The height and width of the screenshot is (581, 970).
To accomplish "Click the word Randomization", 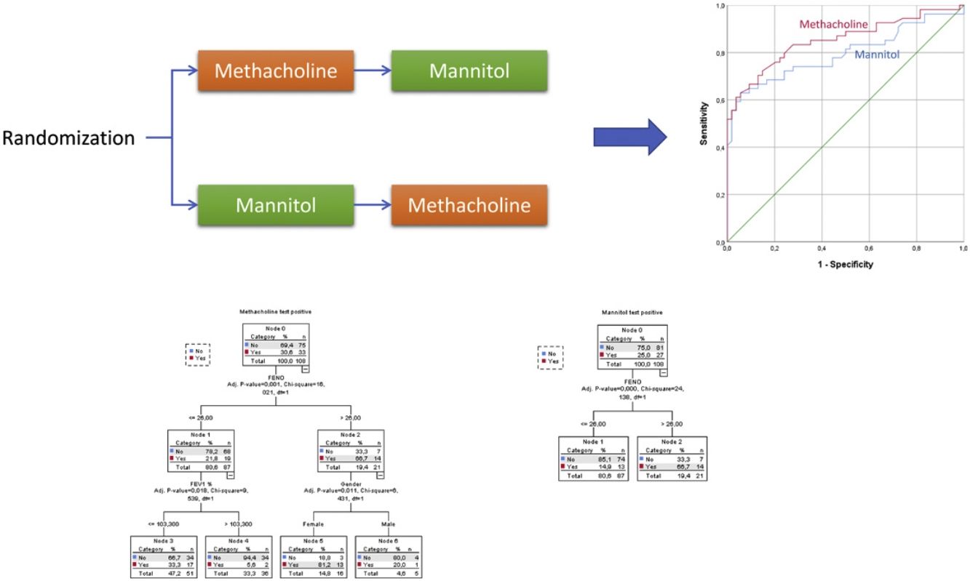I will point(68,138).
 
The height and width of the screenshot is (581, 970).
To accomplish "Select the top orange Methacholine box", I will point(276,71).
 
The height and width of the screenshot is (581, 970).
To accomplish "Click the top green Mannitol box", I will point(469,71).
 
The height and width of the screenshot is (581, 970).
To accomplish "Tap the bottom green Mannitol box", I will point(275,204).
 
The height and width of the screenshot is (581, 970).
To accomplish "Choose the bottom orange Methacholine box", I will point(469,204).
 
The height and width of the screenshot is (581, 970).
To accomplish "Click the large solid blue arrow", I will point(629,136).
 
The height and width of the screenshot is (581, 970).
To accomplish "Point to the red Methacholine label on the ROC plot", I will point(833,25).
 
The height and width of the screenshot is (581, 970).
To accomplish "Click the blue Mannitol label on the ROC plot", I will point(876,55).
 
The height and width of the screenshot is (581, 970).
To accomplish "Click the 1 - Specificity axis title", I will point(844,264).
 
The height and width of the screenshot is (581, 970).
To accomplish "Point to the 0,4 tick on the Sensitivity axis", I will point(720,148).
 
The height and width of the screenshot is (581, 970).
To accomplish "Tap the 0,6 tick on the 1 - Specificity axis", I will point(868,249).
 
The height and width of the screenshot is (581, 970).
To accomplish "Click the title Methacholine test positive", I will point(274,310).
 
